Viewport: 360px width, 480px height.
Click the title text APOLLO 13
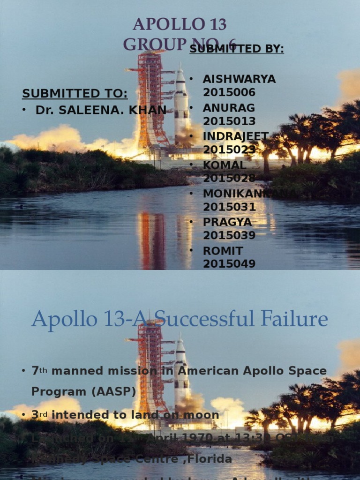(180, 24)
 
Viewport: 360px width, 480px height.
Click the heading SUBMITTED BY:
(237, 49)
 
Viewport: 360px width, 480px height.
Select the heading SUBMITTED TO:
(75, 93)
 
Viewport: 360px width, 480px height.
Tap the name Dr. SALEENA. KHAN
(101, 110)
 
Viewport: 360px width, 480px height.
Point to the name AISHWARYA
(239, 79)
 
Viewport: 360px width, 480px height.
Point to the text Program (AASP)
(83, 391)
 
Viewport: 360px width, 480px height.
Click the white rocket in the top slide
(181, 103)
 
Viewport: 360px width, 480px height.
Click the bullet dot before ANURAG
(191, 108)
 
